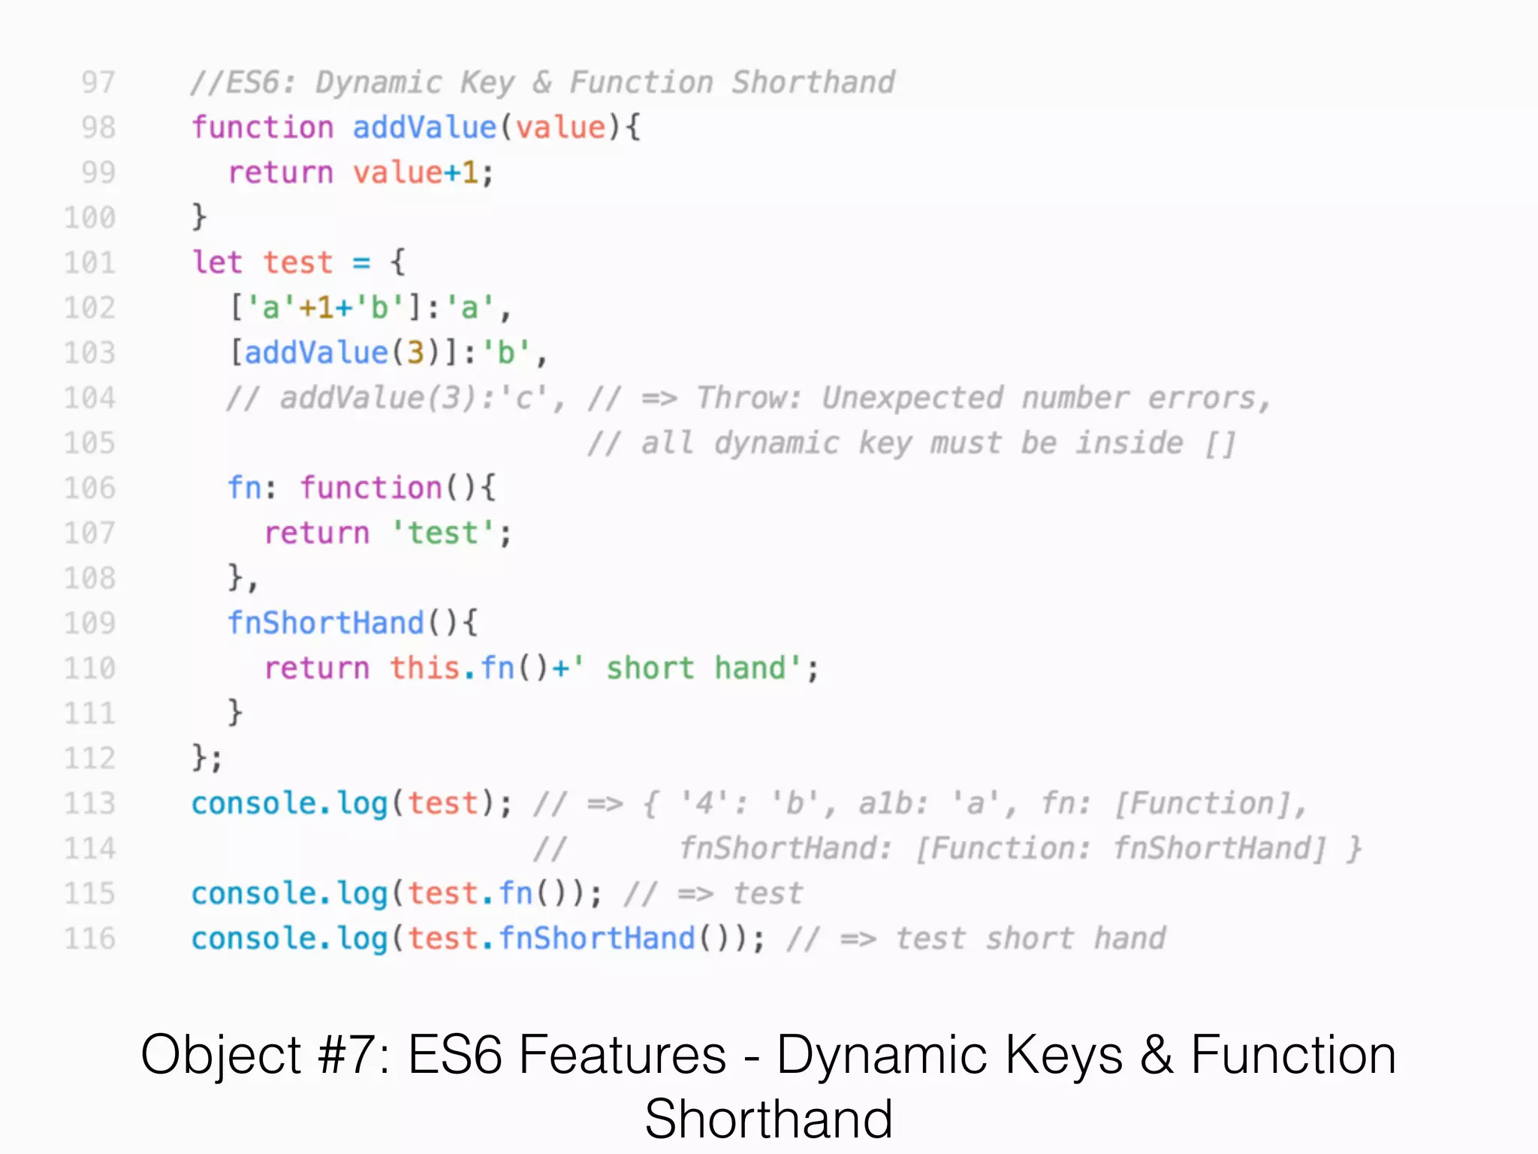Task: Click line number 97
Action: pyautogui.click(x=98, y=83)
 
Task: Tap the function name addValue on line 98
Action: pyautogui.click(x=424, y=128)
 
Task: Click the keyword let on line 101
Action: pyautogui.click(x=217, y=263)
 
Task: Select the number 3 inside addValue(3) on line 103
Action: pyautogui.click(x=415, y=353)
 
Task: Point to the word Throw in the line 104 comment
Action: pyautogui.click(x=749, y=398)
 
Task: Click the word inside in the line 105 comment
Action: pyautogui.click(x=1129, y=443)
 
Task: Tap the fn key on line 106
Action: pyautogui.click(x=246, y=488)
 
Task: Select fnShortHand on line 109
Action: pyautogui.click(x=326, y=624)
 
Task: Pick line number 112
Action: pyautogui.click(x=90, y=759)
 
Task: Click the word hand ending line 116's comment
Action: pyautogui.click(x=1129, y=939)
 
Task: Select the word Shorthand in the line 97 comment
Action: pyautogui.click(x=813, y=83)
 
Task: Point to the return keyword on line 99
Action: pyautogui.click(x=281, y=173)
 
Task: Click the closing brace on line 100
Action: pyautogui.click(x=199, y=218)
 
